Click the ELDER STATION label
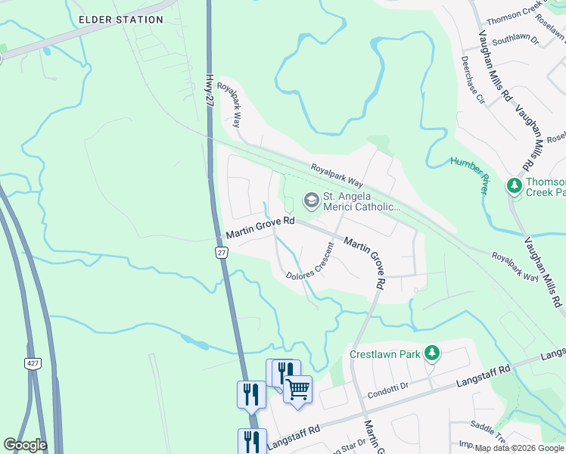[121, 20]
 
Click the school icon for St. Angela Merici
[311, 201]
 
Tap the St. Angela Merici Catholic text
[361, 201]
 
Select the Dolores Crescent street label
[310, 263]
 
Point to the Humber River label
[471, 175]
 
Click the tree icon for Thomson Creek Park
[515, 185]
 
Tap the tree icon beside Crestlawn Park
[431, 353]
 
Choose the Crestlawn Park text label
[384, 353]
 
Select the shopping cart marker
[297, 389]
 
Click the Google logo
[25, 445]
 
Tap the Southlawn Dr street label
[514, 39]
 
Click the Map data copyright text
[520, 448]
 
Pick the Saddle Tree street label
[487, 426]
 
